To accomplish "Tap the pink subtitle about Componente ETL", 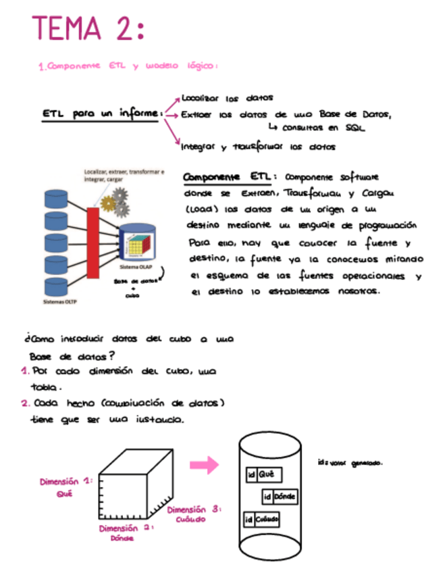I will tap(128, 66).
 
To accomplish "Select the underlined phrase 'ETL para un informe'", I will tap(102, 114).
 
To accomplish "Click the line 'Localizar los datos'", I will tap(227, 98).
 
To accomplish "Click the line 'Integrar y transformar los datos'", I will tap(259, 146).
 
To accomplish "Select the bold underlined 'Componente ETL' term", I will tap(226, 176).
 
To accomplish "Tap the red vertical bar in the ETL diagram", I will tap(93, 243).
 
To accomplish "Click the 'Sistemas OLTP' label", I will tap(60, 301).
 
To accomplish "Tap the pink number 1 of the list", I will tap(24, 372).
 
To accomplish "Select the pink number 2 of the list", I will tap(24, 403).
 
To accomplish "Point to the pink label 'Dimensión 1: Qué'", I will tap(66, 487).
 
